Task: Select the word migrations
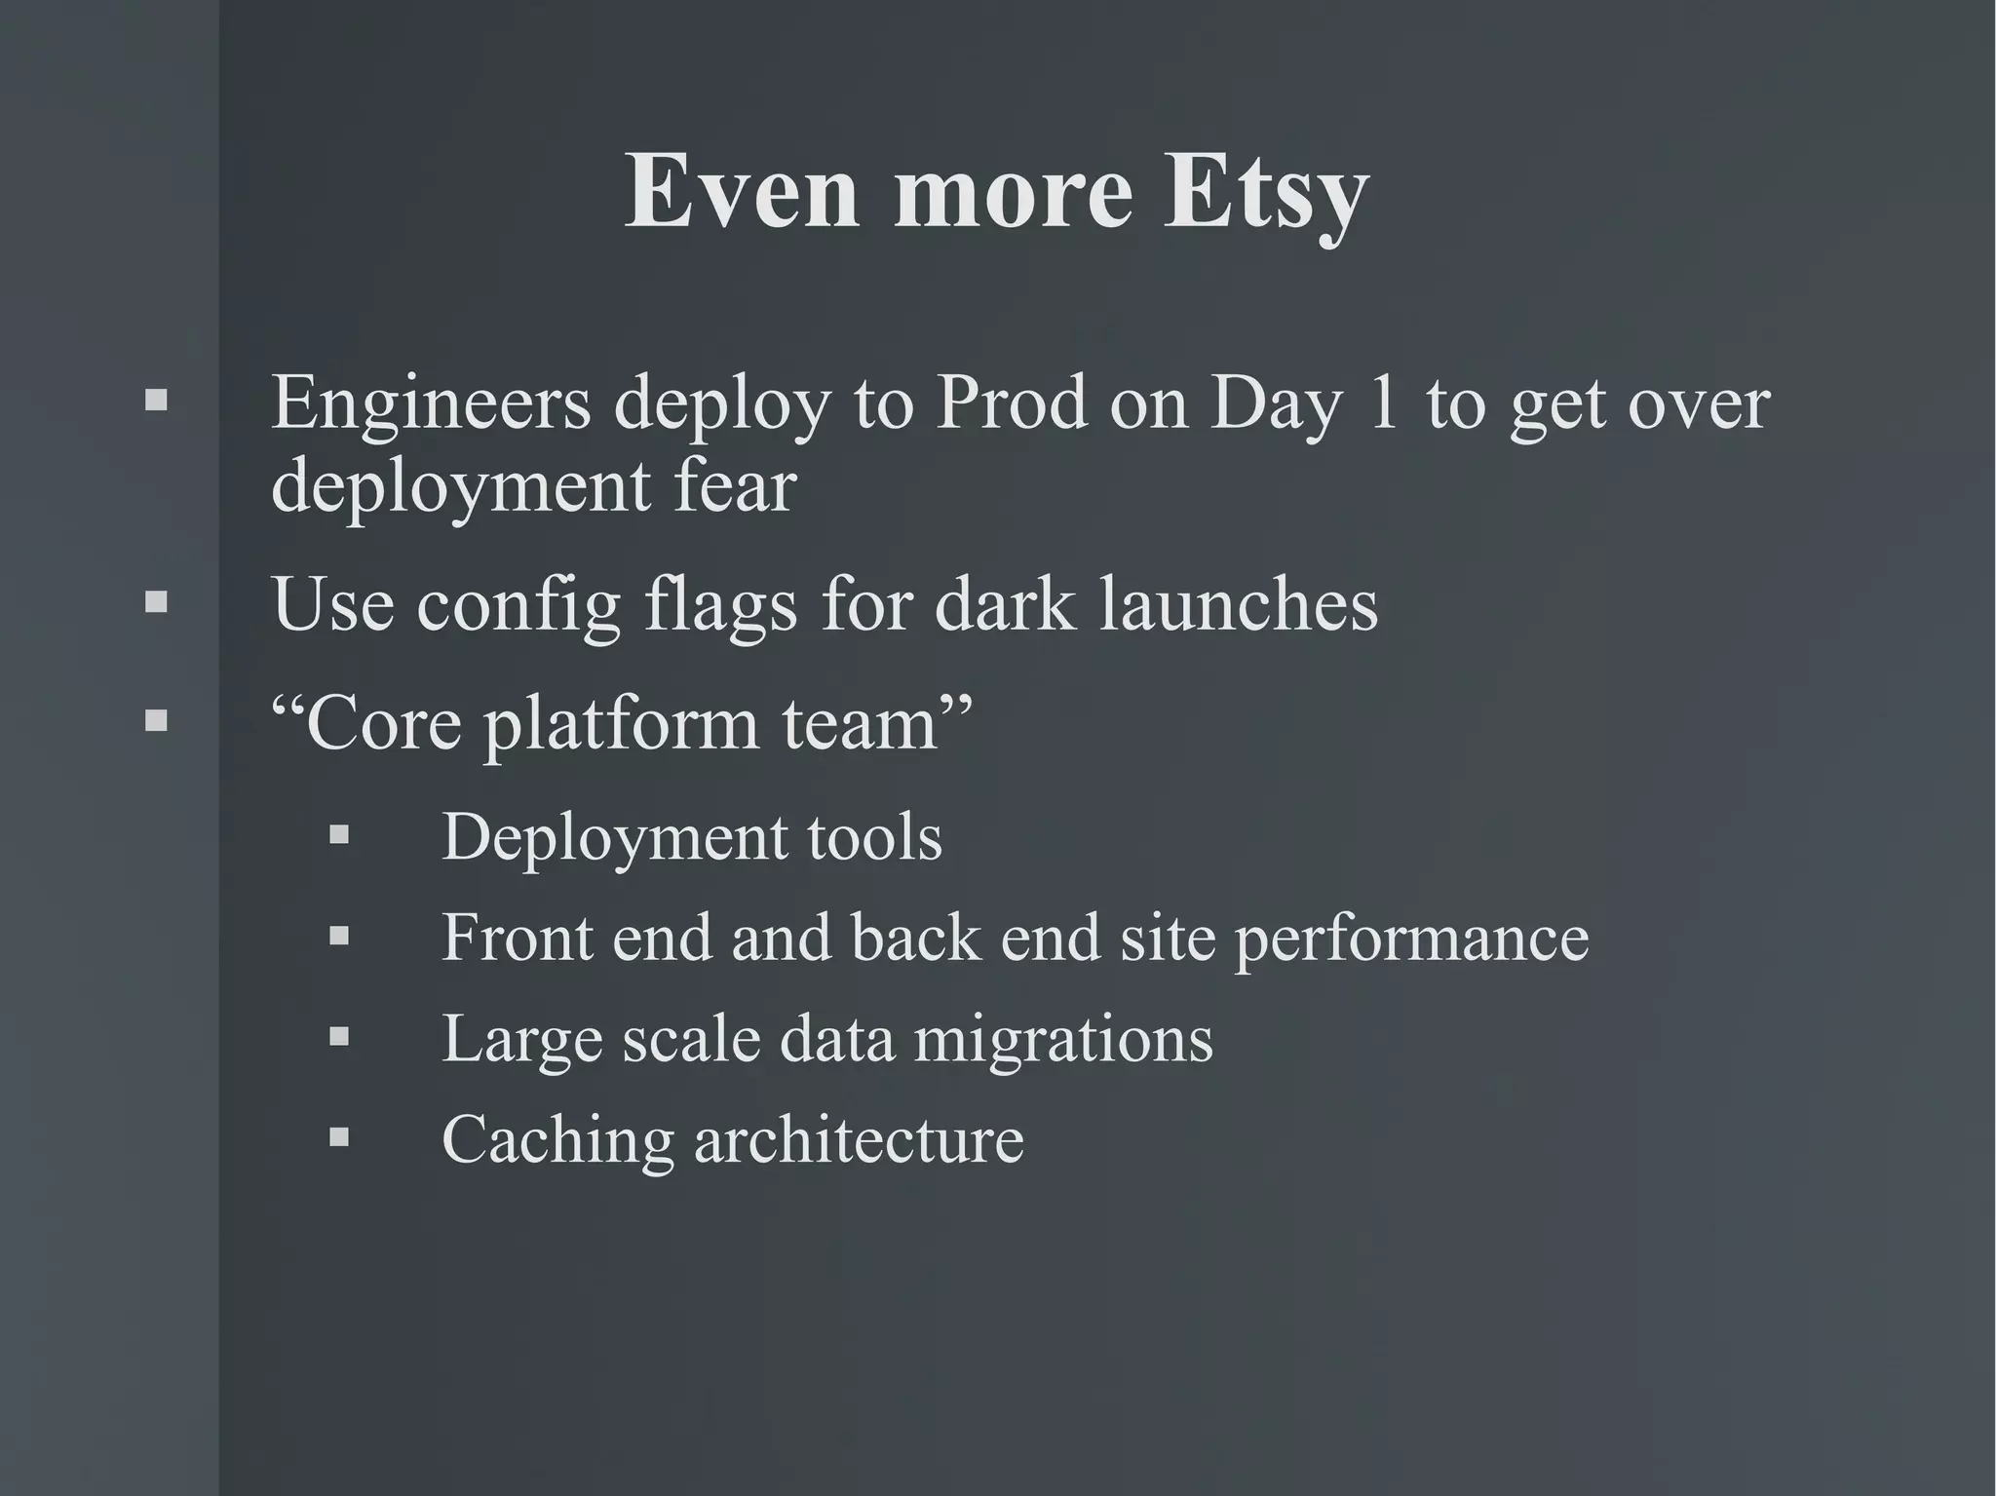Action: tap(1063, 1038)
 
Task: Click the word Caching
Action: tap(557, 1139)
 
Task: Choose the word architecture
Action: tap(859, 1139)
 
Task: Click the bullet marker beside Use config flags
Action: tap(156, 602)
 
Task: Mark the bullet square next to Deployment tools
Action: tap(338, 835)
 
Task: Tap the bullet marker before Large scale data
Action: tap(338, 1036)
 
